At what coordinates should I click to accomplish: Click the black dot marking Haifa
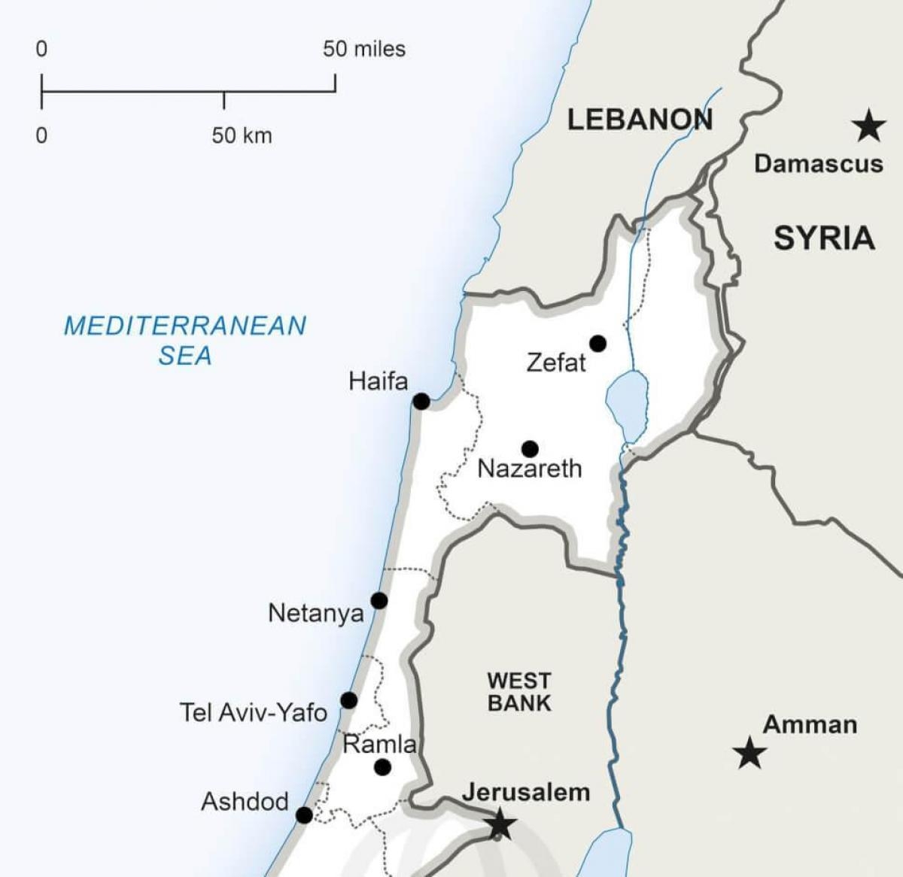tap(421, 402)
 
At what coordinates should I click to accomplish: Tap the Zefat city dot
tap(597, 344)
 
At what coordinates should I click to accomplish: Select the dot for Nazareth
tap(530, 449)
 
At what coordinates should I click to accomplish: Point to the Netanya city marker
tap(379, 601)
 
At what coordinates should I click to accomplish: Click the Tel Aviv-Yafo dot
tap(348, 701)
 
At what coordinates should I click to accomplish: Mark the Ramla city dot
tap(382, 767)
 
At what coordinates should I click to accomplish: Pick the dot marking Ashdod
tap(304, 815)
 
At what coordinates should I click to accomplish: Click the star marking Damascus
tap(869, 126)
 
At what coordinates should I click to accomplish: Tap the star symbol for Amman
tap(749, 753)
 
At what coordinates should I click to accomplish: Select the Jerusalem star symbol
tap(500, 824)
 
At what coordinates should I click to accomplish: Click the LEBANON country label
tap(640, 120)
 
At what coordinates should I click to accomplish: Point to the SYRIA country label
tap(824, 238)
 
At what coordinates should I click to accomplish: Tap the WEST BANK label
tap(519, 692)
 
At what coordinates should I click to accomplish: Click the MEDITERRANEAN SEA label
tap(185, 340)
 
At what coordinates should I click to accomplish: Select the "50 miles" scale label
tap(364, 50)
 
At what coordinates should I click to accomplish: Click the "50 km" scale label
tap(242, 136)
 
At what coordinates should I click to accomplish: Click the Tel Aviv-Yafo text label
tap(254, 712)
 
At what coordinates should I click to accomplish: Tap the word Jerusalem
tap(525, 792)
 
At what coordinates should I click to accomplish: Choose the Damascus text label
tap(819, 164)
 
